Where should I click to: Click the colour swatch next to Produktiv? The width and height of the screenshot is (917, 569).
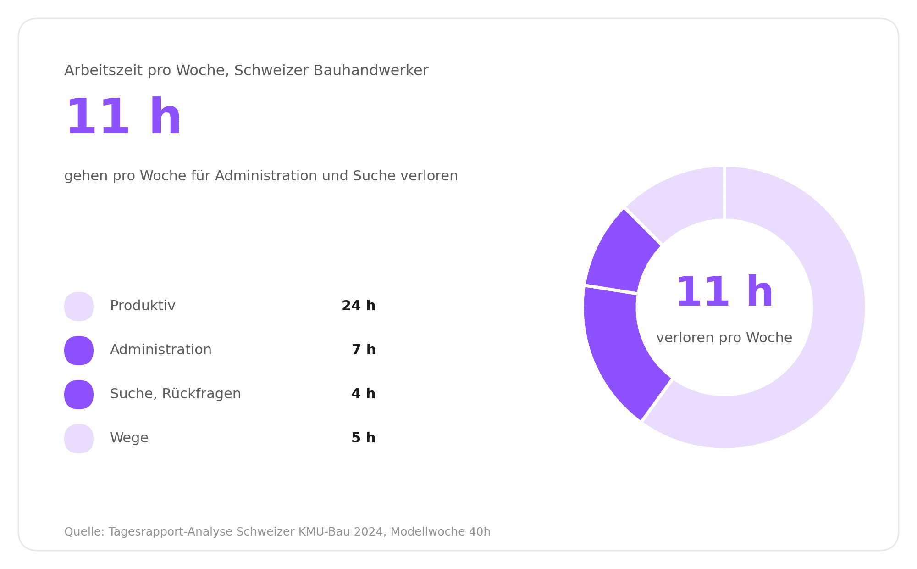coord(79,306)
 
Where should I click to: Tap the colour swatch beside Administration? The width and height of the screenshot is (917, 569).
coord(79,350)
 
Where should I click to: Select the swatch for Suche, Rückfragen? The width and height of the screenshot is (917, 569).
coord(79,394)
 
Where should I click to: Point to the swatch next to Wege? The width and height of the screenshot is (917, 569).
coord(79,438)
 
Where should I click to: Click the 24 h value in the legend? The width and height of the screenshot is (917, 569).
coord(359,306)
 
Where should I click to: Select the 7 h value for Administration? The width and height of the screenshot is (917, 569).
coord(364,350)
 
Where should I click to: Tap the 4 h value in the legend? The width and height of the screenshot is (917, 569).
coord(363,394)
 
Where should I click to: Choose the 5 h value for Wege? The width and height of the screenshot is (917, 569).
coord(363,438)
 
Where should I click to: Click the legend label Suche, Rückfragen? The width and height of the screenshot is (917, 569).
coord(175,394)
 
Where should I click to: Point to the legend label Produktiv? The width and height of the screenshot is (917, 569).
coord(143,306)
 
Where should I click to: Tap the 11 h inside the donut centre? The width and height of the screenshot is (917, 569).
coord(724,292)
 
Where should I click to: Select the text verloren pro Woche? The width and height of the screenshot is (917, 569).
coord(724,338)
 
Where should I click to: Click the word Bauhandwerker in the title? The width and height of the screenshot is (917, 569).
coord(371,71)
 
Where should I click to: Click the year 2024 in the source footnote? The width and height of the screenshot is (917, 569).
coord(369,532)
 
